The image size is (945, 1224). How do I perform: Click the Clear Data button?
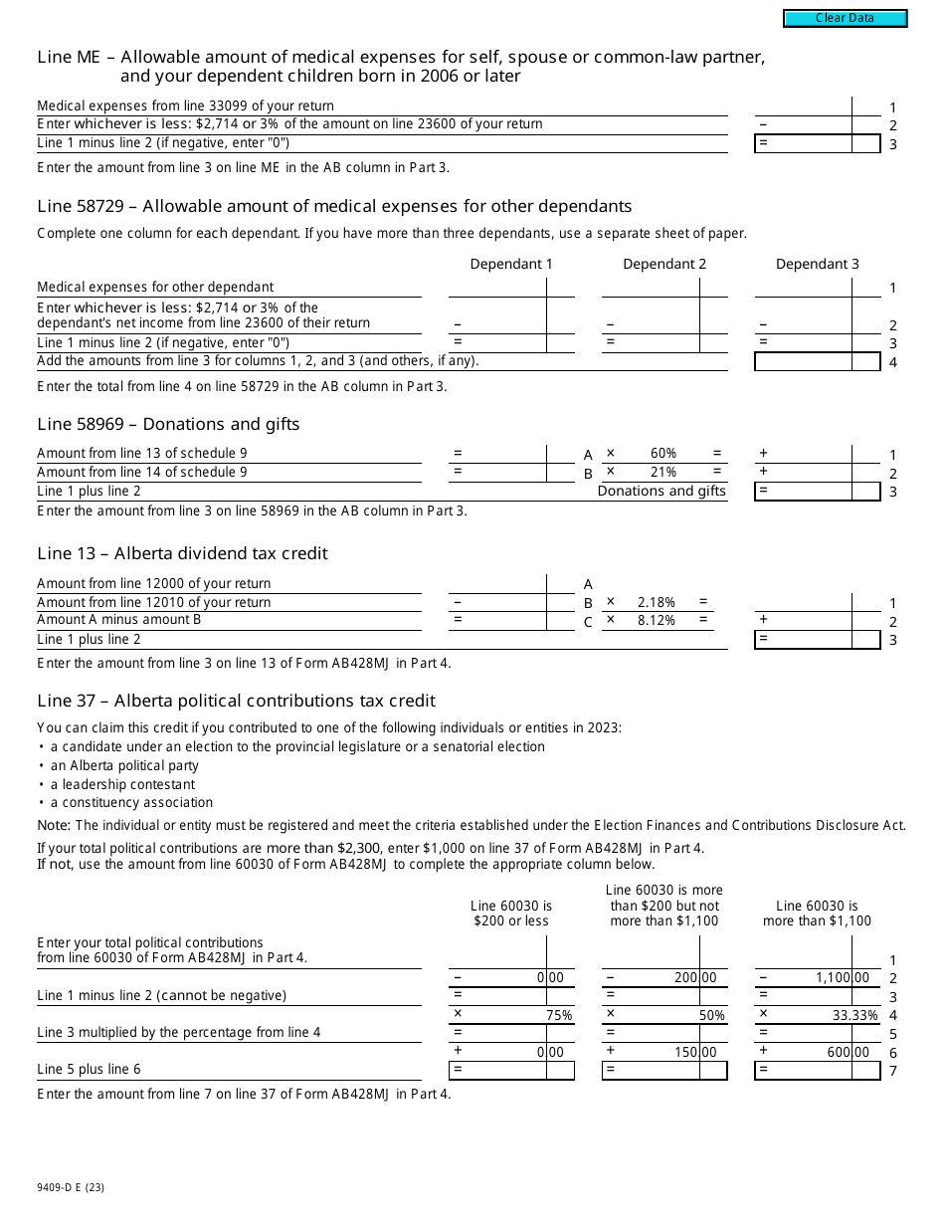pos(845,18)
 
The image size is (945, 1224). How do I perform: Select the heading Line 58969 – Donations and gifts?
pos(168,425)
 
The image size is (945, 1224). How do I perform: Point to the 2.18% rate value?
pos(657,603)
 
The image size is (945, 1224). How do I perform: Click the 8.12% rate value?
pos(657,621)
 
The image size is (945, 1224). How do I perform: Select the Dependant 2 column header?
pos(664,264)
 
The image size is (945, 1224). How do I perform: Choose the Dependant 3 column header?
pos(817,264)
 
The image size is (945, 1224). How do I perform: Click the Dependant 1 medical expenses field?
pos(497,288)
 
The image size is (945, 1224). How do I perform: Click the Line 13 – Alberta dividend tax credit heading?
pos(182,554)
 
